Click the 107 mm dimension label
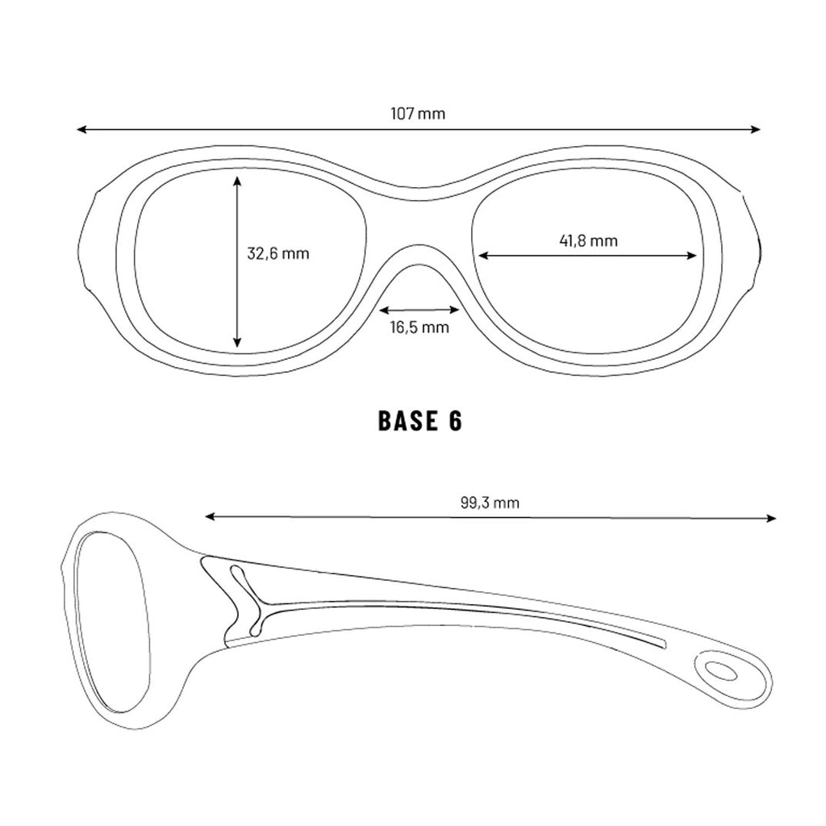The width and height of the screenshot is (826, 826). pos(418,114)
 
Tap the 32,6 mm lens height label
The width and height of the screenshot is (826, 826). pos(278,254)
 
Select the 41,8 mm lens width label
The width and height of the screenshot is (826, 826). pos(588,240)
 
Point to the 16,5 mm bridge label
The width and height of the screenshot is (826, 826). pos(419,327)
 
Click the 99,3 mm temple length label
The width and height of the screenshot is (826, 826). pos(490,503)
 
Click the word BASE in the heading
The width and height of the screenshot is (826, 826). pos(407,421)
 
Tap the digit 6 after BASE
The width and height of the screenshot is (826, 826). pos(455,421)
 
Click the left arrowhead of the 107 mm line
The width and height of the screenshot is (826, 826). pos(81,129)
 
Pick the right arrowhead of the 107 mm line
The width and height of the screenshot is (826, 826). pos(756,129)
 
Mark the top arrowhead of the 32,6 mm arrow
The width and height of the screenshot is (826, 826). pos(237,181)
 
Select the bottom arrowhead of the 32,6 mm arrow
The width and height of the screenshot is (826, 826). pos(237,342)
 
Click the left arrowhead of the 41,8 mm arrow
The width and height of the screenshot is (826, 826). pos(483,256)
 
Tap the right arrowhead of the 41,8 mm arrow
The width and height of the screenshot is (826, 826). pos(691,256)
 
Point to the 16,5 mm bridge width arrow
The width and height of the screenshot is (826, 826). pos(419,310)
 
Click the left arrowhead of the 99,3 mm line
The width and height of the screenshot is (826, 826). pos(211,517)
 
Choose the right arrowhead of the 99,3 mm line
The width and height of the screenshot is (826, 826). pos(770,519)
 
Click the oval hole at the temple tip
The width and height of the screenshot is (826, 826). pos(721,671)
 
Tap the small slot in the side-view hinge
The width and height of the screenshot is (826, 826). pos(246,600)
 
